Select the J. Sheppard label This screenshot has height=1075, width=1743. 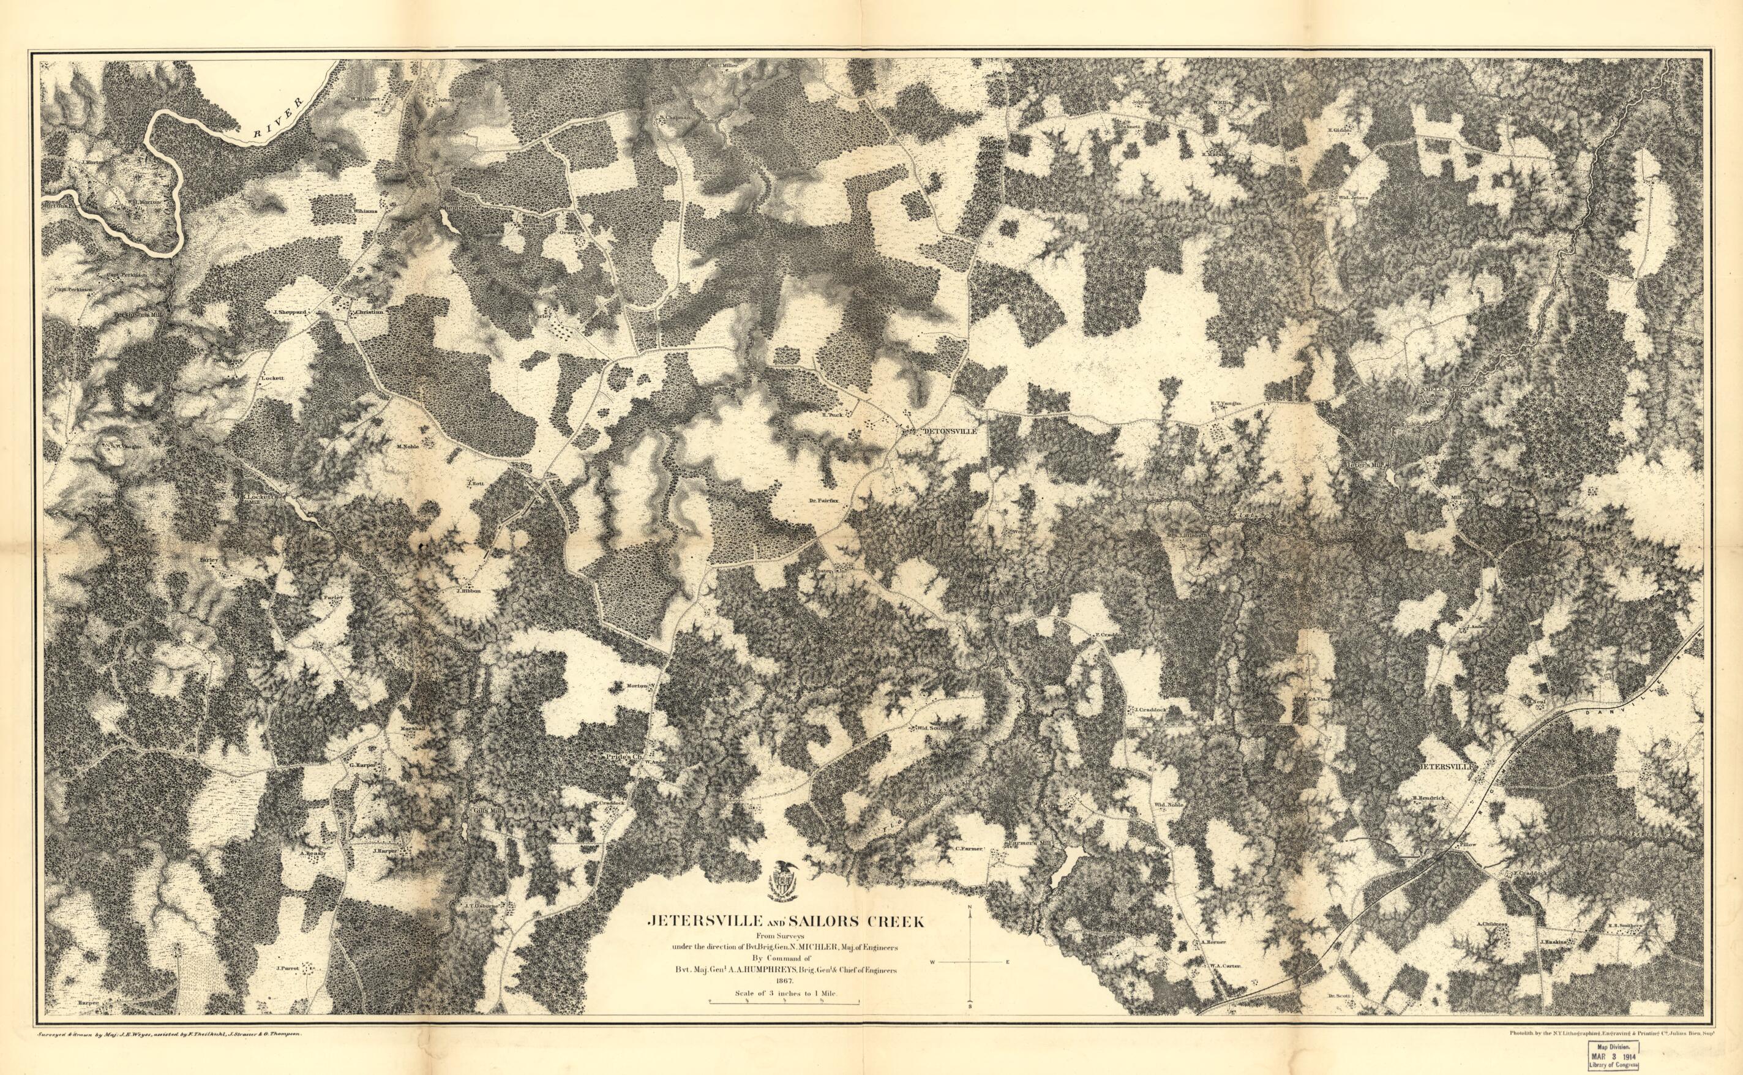click(288, 312)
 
